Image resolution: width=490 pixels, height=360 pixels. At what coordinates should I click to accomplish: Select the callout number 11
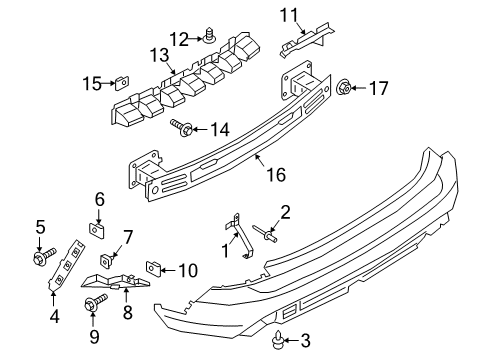click(289, 14)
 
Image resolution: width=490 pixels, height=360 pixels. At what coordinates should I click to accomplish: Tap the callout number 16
click(275, 175)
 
